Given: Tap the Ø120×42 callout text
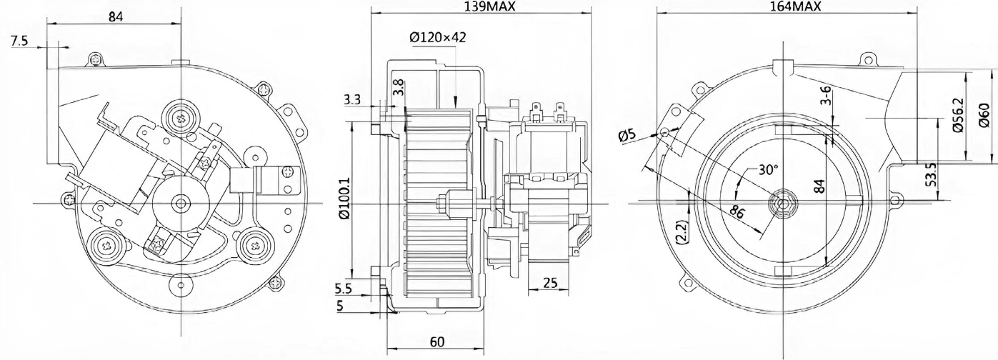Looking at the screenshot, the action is click(437, 37).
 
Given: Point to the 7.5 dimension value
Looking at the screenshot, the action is click(19, 41).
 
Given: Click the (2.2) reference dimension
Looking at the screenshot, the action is click(683, 231).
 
